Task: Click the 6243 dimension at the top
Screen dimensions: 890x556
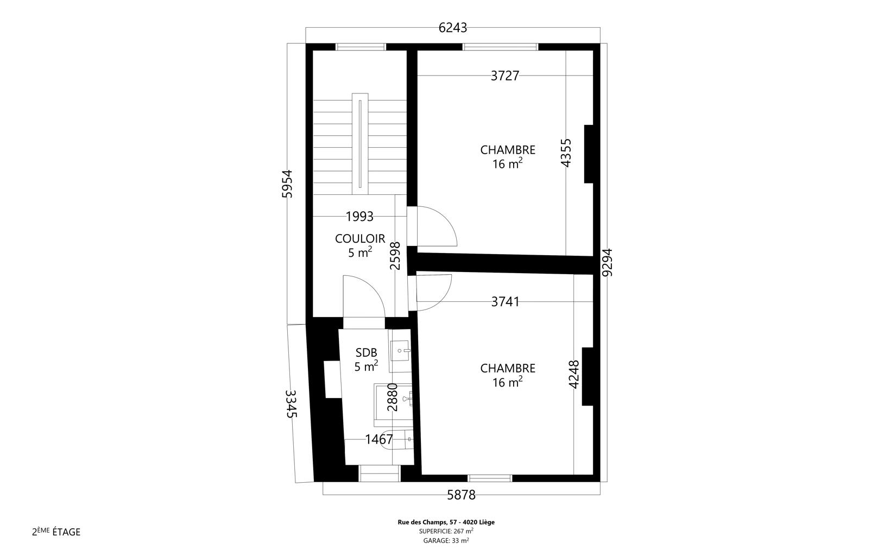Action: (452, 28)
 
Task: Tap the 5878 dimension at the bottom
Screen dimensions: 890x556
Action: (461, 495)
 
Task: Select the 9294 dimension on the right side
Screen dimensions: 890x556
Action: (607, 262)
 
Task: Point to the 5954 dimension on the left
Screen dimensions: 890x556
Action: (287, 184)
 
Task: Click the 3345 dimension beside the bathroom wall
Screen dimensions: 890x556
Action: (291, 404)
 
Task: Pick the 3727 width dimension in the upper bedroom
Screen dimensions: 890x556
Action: (505, 75)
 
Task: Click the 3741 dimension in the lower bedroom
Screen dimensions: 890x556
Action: (506, 302)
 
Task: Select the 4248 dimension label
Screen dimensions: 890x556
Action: (574, 374)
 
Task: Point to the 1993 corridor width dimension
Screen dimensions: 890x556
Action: (359, 217)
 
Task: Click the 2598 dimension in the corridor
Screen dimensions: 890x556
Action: (395, 256)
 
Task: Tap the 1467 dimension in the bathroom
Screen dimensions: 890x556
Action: (379, 439)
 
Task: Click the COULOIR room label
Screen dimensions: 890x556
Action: (360, 238)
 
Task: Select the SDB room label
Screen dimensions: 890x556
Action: (367, 352)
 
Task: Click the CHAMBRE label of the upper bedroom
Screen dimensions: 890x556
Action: (508, 150)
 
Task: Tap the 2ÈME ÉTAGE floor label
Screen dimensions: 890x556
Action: (56, 532)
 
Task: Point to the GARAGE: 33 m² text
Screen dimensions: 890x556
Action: (446, 540)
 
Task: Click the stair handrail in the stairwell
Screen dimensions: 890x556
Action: (360, 144)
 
